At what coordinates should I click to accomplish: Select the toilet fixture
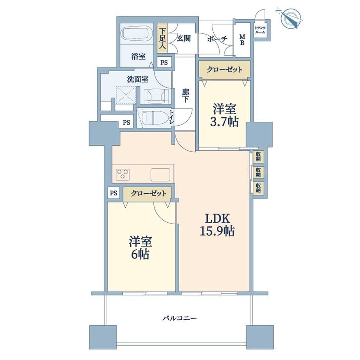153,117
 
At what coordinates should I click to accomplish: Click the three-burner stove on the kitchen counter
122,174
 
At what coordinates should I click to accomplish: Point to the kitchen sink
160,175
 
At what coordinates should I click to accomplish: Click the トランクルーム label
260,30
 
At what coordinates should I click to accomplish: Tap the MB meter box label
243,40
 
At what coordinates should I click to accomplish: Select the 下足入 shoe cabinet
162,38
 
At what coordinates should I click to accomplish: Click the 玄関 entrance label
184,38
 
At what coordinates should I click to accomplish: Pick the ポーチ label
217,39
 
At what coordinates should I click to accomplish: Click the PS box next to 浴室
164,63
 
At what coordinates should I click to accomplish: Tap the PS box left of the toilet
126,122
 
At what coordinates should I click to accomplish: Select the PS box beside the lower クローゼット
113,193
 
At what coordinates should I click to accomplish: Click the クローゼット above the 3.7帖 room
224,69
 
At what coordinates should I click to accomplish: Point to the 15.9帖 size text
217,231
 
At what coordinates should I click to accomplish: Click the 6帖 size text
140,254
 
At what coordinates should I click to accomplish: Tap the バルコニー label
180,319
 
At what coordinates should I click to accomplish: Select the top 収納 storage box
259,157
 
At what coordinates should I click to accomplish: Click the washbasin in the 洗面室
156,95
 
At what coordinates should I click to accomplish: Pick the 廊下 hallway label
185,95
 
